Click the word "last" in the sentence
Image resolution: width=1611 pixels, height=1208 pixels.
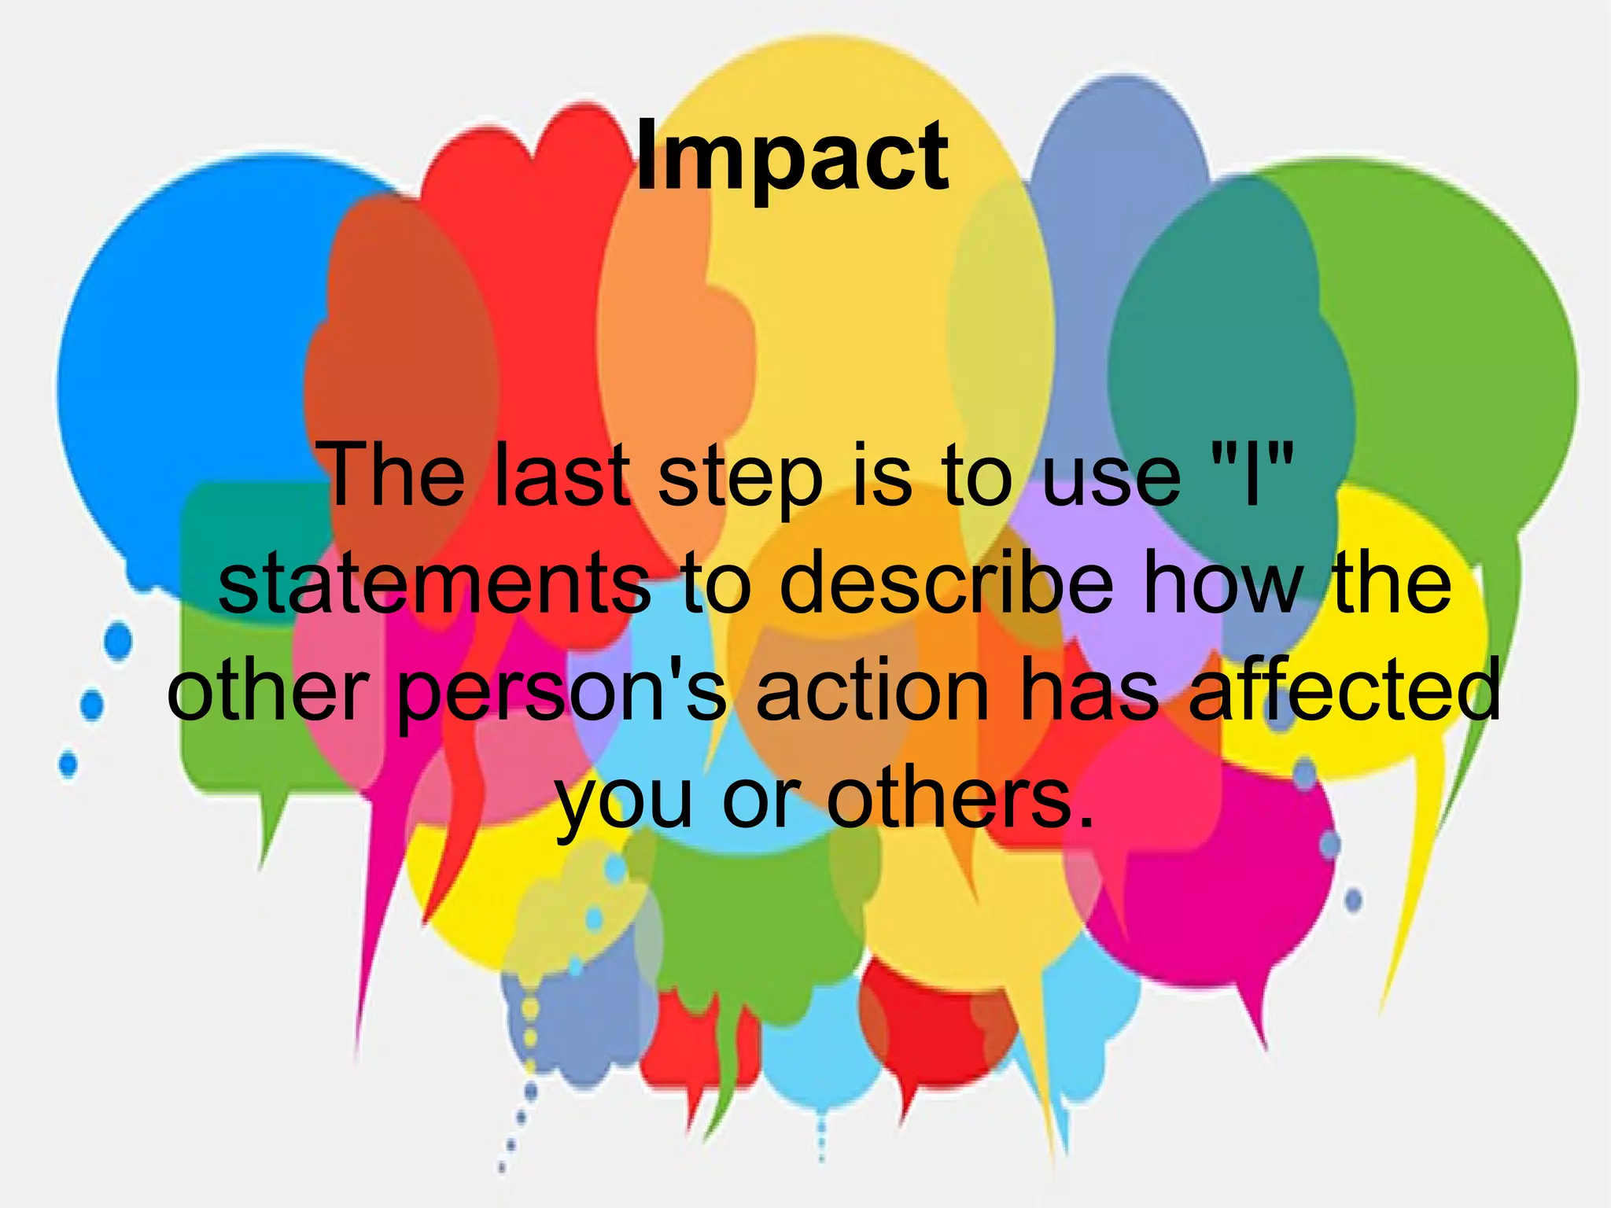(562, 475)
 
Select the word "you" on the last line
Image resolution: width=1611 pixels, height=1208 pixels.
(625, 802)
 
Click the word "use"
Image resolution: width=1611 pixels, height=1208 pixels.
(1110, 477)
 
